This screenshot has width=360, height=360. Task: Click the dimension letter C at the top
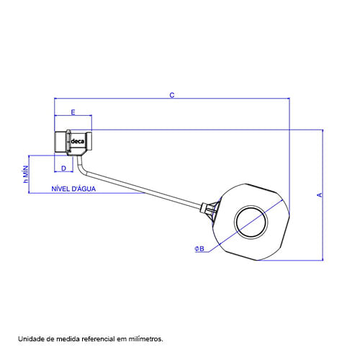click(x=172, y=95)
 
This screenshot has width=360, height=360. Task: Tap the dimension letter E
click(x=73, y=112)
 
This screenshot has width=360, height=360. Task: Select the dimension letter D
click(x=63, y=168)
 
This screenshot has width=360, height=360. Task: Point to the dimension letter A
click(x=320, y=195)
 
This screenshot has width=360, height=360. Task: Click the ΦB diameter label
click(x=199, y=248)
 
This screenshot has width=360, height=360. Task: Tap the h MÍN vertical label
click(x=26, y=174)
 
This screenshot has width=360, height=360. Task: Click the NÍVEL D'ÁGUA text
click(x=73, y=189)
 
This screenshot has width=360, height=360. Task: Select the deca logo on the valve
click(x=78, y=141)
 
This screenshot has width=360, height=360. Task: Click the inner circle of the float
click(x=251, y=206)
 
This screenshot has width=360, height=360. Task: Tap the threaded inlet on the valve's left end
click(x=60, y=142)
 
